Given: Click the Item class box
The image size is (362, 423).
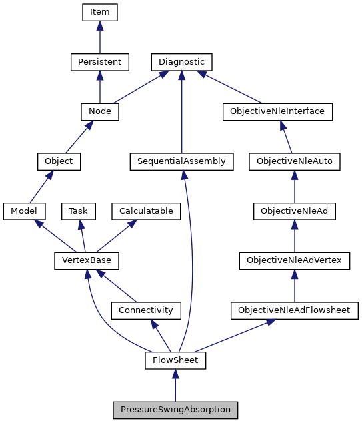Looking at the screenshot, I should click(99, 12).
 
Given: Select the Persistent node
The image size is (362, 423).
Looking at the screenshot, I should click(99, 62).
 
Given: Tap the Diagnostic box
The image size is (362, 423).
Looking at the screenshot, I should click(182, 62).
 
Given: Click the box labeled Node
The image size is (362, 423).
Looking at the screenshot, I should click(99, 111).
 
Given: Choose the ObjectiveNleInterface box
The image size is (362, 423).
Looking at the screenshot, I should click(277, 111).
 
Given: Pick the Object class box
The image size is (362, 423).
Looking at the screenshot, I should click(59, 161).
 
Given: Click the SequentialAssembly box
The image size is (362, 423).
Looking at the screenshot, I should click(182, 161).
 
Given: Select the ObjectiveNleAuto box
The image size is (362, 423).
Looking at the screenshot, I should click(295, 161).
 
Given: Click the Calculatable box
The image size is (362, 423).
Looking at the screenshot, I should click(146, 211).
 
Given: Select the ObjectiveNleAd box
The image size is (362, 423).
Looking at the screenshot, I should click(295, 211).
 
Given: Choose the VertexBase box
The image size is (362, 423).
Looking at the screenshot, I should click(81, 260).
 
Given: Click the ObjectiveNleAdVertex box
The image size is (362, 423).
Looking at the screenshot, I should click(295, 260).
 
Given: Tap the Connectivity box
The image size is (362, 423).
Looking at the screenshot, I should click(145, 310).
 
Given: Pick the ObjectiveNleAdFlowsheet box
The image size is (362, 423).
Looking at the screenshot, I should click(294, 310).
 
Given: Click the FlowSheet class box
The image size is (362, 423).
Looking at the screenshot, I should click(175, 360).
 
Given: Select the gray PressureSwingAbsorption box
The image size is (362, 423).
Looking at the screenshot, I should click(175, 410).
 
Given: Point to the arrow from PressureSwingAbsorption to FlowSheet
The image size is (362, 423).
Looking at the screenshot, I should click(175, 386).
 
